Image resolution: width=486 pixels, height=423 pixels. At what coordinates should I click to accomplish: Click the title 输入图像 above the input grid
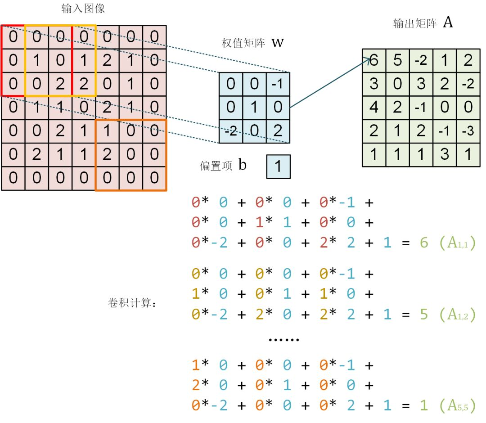click(83, 9)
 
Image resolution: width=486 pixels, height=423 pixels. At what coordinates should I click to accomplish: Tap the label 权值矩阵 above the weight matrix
click(243, 43)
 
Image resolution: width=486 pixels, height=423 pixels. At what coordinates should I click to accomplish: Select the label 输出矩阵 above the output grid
click(415, 23)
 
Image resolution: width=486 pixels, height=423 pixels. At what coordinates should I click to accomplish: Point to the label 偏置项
click(216, 166)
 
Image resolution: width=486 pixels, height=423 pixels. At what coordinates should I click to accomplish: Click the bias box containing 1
click(279, 166)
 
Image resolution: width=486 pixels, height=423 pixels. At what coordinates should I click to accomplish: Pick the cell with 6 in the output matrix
click(374, 60)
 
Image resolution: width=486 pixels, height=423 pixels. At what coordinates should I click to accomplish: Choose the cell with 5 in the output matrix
click(398, 60)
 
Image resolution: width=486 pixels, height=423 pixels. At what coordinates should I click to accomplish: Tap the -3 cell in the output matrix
click(468, 131)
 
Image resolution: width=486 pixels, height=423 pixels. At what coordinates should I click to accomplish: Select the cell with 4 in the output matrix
click(374, 108)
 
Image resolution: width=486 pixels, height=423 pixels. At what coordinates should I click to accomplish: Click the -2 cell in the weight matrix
click(231, 131)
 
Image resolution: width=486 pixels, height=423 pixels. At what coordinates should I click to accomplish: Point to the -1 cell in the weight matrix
click(278, 84)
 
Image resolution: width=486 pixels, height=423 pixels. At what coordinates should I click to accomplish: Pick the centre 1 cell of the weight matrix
click(254, 108)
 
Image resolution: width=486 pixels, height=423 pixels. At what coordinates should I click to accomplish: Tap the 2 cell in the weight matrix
click(278, 131)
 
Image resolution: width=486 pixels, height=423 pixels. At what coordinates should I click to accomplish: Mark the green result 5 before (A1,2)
click(424, 315)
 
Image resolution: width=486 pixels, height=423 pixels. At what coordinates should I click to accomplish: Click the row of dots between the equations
click(284, 340)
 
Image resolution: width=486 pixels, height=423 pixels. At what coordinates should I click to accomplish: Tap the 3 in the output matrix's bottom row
click(445, 155)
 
